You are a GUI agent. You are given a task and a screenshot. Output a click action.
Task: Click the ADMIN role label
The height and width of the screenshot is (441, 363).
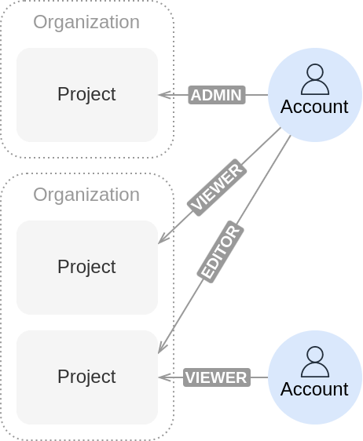217,95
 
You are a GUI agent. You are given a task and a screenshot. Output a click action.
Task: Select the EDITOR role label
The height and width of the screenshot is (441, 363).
221,251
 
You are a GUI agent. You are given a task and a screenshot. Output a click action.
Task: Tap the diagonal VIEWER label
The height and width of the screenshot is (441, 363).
217,188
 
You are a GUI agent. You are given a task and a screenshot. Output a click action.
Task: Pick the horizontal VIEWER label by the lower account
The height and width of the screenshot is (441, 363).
217,377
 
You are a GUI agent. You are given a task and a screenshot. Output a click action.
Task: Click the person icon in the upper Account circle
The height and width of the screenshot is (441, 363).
315,79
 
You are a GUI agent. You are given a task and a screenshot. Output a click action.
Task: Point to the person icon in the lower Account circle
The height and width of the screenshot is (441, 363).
315,362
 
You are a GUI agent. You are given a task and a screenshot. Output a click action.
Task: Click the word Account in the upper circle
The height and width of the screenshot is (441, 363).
314,107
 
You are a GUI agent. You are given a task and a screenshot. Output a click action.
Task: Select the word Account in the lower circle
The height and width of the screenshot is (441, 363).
314,389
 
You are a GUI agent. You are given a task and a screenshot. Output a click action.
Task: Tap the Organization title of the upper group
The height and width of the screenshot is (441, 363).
86,22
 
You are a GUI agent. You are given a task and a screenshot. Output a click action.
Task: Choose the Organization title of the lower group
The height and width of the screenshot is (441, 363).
86,195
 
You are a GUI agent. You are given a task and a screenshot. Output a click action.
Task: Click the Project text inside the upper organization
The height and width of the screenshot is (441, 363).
86,94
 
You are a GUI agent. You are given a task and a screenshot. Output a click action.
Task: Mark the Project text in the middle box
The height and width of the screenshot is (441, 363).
86,267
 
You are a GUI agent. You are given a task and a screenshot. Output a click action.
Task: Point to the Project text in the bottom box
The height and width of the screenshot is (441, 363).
86,377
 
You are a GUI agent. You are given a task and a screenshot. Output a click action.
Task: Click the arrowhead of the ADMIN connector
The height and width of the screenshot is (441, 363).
159,95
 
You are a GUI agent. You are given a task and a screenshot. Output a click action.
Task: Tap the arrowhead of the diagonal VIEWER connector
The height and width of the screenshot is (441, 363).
159,243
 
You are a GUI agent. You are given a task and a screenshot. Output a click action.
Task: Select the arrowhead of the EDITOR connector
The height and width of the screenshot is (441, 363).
159,352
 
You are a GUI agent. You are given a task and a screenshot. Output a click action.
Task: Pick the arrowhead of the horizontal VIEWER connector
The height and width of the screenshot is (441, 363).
159,377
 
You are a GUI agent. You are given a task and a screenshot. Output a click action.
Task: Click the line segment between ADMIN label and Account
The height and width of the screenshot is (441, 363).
257,95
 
